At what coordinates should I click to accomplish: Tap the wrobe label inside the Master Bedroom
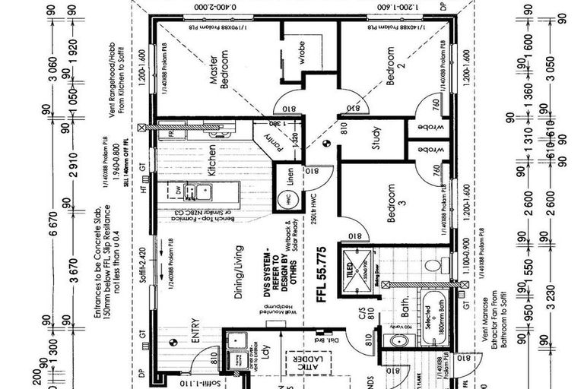(x=300, y=55)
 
